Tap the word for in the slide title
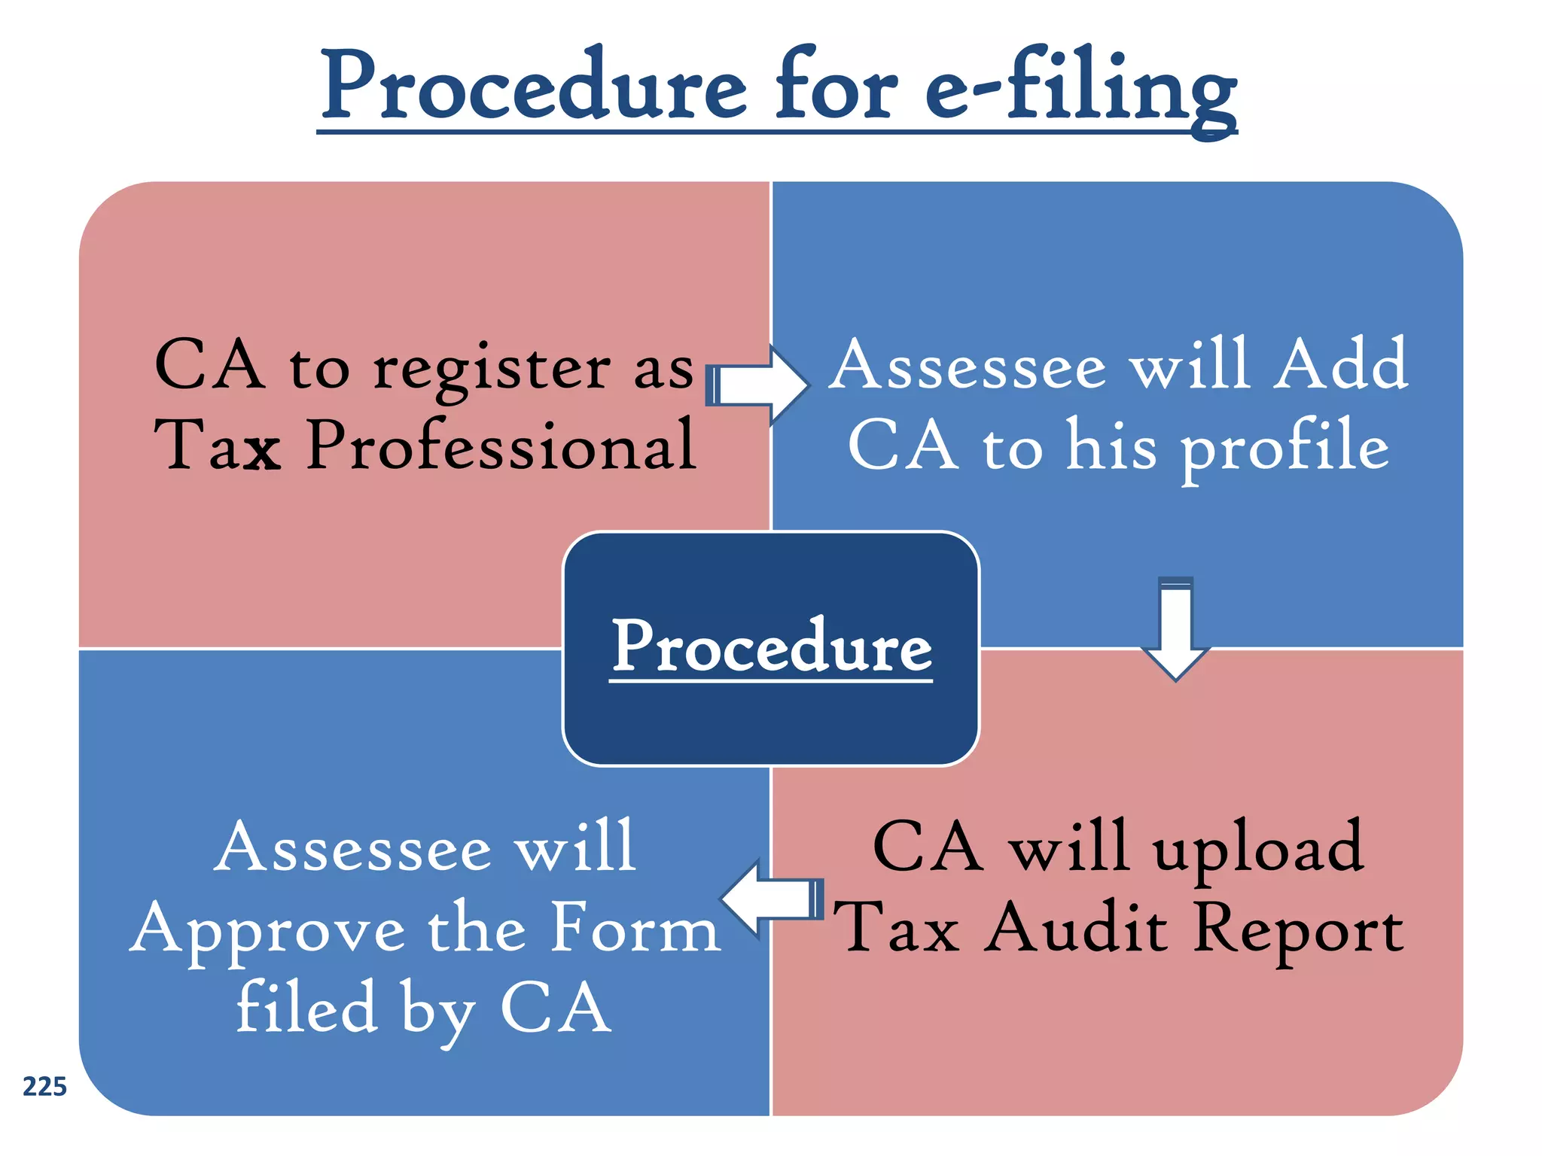836,84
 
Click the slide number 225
44,1087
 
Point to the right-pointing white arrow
757,385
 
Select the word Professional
501,446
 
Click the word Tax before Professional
218,446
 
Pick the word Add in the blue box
1339,365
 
